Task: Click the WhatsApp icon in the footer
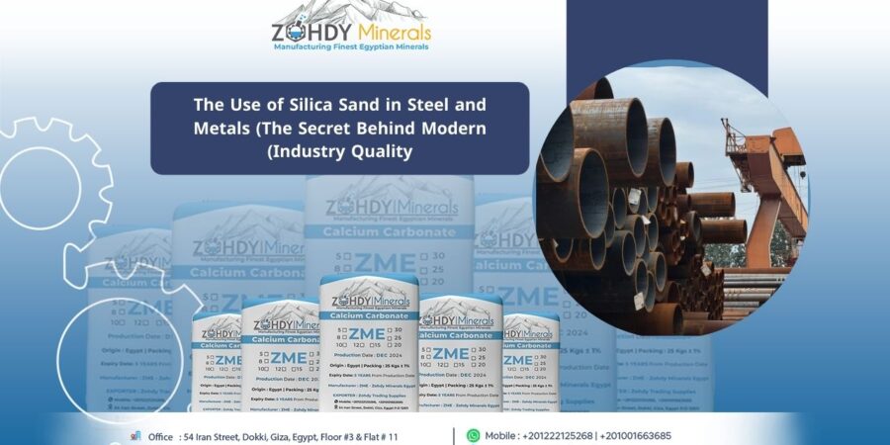click(473, 435)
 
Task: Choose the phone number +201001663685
click(637, 436)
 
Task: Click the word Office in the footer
click(160, 436)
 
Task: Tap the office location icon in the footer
click(135, 435)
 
